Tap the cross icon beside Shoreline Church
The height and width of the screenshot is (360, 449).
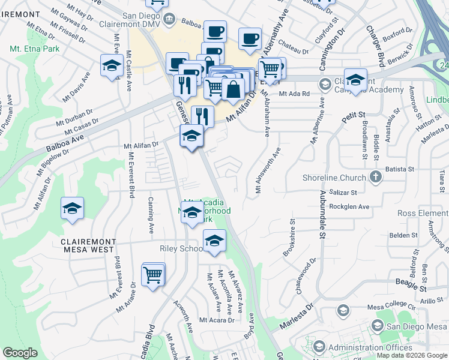point(375,176)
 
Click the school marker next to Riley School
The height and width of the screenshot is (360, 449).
point(214,241)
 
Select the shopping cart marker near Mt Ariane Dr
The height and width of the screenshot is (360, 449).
point(153,275)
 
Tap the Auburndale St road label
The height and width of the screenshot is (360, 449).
point(322,215)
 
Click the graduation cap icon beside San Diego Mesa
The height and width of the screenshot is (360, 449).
point(377,326)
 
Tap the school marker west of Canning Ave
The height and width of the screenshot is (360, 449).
point(72,209)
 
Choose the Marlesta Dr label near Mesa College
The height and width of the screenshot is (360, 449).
point(296,317)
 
